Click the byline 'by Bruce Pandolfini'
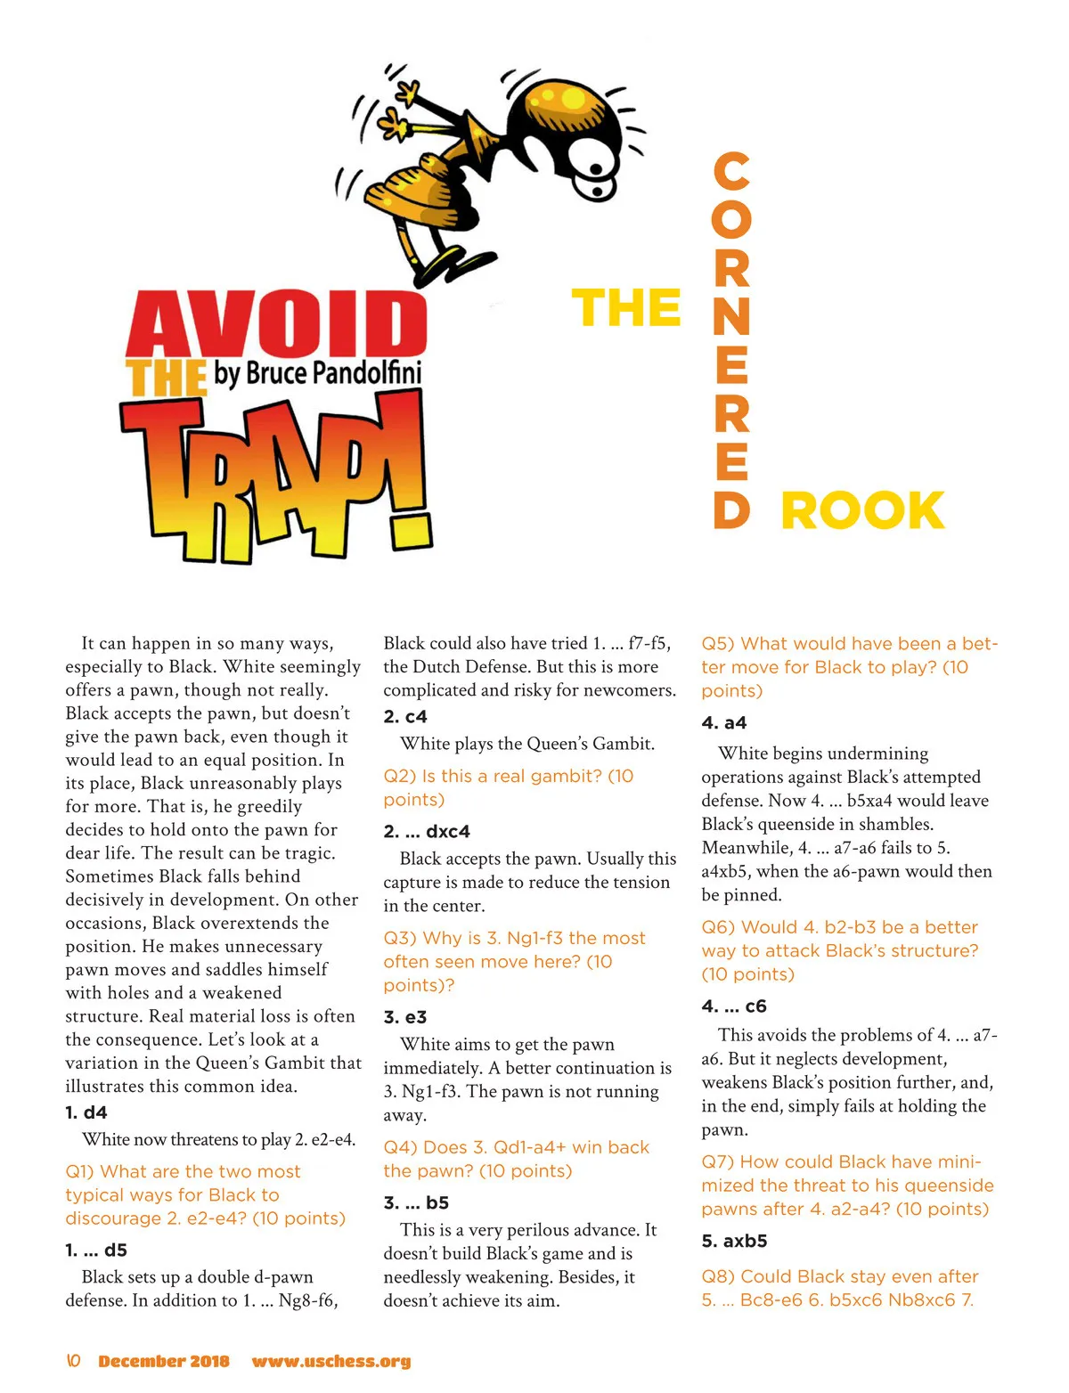317,372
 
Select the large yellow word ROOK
862,510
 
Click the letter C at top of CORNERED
731,171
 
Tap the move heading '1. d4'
86,1112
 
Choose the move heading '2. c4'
405,716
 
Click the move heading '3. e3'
405,1017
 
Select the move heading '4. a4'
723,722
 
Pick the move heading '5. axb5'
734,1241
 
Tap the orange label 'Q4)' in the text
400,1147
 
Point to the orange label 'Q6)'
718,927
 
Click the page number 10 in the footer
74,1361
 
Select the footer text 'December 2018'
164,1361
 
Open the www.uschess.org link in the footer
331,1361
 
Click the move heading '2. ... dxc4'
427,831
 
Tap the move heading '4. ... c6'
734,1006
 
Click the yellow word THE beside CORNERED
625,308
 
